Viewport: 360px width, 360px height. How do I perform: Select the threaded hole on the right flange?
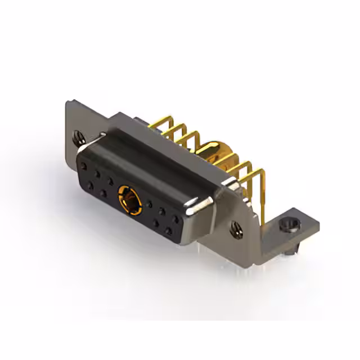[236, 228]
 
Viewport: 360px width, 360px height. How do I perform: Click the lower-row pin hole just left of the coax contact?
[104, 192]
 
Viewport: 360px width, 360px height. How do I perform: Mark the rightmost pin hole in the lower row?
[169, 231]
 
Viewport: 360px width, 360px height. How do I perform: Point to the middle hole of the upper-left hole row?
[97, 173]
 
